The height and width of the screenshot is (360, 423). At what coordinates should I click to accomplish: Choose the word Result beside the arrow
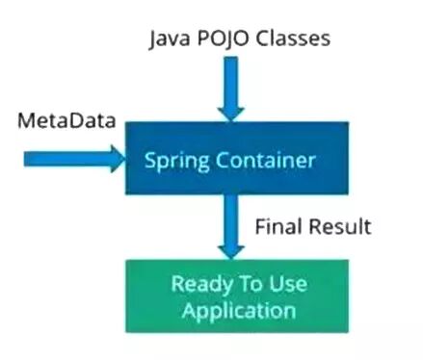coord(336,227)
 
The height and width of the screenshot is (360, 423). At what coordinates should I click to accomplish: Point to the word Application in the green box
coord(232,310)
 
